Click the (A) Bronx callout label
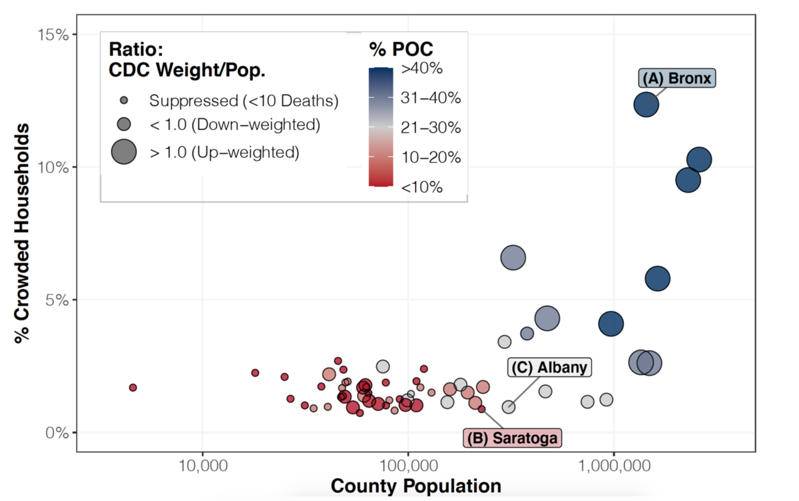(x=677, y=79)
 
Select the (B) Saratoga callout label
(x=513, y=438)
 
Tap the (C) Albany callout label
(x=549, y=368)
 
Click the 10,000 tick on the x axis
(x=201, y=464)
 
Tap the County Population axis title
(x=415, y=486)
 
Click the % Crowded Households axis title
(x=23, y=233)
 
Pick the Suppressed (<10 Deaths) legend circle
(x=124, y=101)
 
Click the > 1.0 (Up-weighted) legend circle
(x=124, y=152)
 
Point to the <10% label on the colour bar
(x=421, y=187)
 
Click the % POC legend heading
(x=401, y=49)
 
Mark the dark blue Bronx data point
(x=646, y=104)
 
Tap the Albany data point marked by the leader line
(x=508, y=406)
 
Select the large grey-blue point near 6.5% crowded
(x=513, y=257)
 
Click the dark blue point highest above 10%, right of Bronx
(x=699, y=160)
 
